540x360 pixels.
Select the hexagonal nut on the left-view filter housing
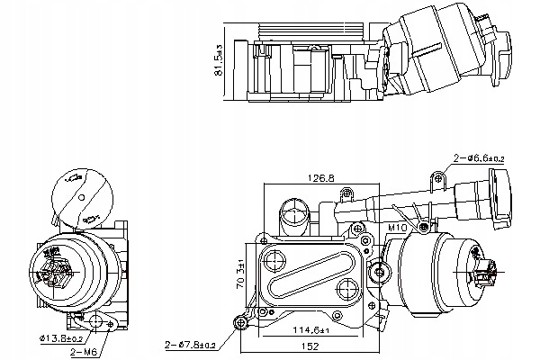point(62,267)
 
